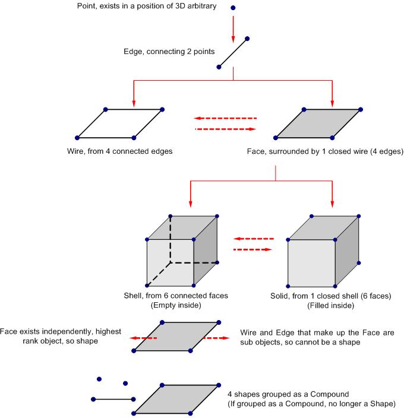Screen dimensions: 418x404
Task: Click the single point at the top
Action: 232,8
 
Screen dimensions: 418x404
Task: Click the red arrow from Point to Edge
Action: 232,26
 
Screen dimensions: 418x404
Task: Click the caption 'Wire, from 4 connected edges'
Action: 120,151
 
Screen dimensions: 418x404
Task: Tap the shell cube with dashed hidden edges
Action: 181,249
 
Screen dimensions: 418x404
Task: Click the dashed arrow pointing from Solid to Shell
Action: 253,239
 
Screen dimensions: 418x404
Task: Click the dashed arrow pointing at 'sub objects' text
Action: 215,337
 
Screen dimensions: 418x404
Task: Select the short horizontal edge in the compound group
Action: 113,399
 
